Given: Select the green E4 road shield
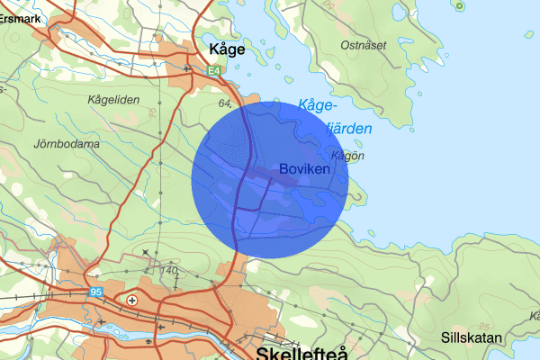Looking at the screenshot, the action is pos(212,69).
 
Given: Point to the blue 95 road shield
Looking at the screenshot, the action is pos(97,292).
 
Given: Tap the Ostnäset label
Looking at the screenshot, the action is pos(363,44).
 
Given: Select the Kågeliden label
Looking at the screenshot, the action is pos(114,100).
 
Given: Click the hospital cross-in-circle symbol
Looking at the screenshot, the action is pos(132,300).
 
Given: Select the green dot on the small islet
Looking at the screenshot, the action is pos(460,6).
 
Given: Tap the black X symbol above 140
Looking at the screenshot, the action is pos(147,251).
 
